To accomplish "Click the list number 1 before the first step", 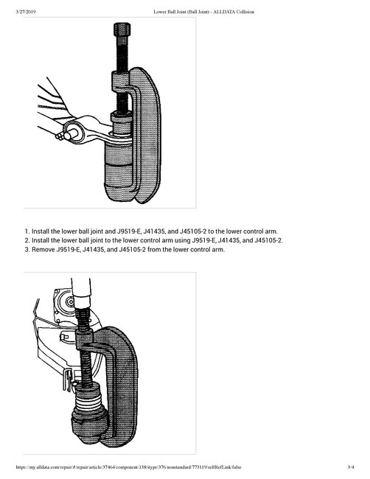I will pos(27,230).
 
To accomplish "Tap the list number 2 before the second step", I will pos(27,239).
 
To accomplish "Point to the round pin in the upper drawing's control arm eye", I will pos(72,133).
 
